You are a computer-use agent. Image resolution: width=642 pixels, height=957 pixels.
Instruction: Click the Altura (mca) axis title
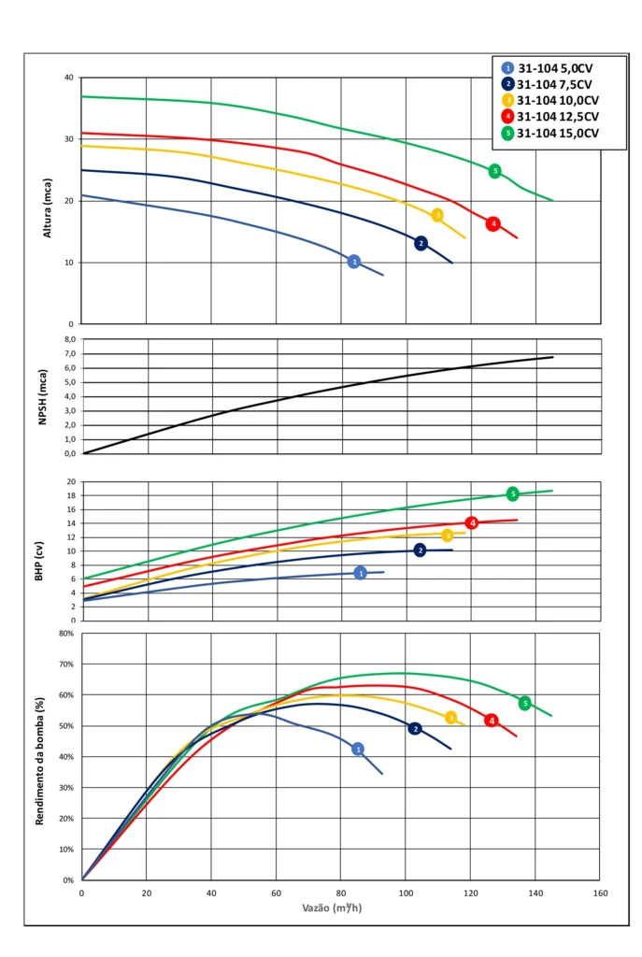pos(48,201)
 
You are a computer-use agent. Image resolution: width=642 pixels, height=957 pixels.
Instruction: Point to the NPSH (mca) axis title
pos(42,396)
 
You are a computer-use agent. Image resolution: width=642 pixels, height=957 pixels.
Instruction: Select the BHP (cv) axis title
pos(39,550)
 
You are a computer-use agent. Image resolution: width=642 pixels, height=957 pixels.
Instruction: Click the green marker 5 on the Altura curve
pos(494,171)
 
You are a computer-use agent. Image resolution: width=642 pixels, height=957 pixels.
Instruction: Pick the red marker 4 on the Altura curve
pos(492,223)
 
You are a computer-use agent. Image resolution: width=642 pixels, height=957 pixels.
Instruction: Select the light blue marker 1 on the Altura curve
pos(353,262)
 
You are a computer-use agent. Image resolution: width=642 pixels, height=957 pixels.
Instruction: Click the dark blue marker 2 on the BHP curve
pos(420,550)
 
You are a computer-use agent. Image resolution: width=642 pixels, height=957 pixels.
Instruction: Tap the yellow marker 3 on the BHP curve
pos(448,536)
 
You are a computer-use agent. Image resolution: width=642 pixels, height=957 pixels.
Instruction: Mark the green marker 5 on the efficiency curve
pos(524,703)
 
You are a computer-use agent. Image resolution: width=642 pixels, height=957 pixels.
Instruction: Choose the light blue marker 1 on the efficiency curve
pos(357,749)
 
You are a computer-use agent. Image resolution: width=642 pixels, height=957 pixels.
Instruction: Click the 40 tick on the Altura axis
pos(67,78)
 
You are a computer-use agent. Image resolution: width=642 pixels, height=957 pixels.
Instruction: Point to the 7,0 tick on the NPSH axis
pos(67,354)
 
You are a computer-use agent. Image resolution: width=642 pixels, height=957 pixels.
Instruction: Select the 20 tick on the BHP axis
pos(69,481)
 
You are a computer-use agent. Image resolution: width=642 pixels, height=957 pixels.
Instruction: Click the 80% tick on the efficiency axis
pos(66,633)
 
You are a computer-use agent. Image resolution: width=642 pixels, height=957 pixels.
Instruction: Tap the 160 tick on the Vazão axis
pos(600,893)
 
